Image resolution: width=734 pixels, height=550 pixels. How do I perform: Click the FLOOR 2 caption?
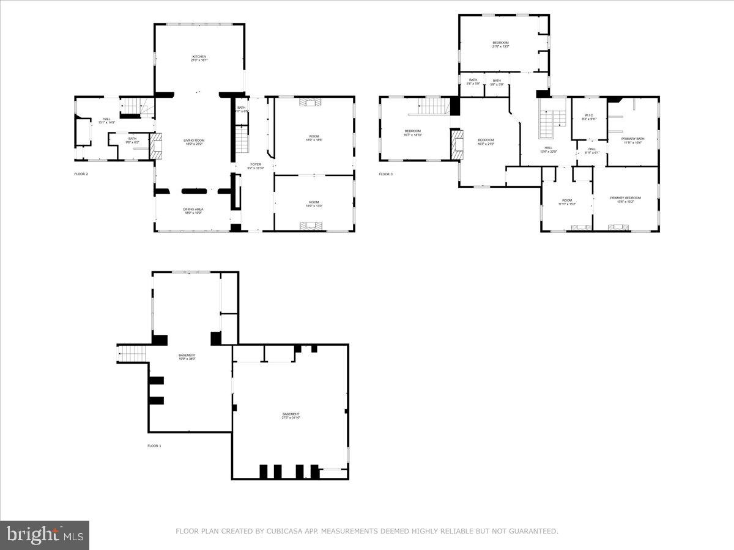click(82, 174)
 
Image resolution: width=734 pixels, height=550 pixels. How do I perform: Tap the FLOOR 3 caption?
click(385, 174)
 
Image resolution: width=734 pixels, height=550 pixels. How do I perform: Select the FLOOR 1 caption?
click(154, 446)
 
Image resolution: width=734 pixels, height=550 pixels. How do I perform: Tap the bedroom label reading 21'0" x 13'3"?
click(500, 44)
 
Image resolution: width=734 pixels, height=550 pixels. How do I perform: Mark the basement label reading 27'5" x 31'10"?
click(291, 416)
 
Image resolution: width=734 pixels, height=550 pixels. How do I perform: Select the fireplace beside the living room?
click(157, 147)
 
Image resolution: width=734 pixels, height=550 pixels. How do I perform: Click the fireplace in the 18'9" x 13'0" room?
click(314, 227)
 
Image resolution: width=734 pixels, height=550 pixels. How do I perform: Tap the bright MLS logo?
click(45, 535)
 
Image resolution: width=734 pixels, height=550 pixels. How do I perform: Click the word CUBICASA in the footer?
click(283, 532)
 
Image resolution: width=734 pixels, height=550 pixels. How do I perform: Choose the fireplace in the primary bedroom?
click(618, 227)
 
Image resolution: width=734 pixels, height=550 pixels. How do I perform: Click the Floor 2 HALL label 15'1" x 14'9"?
click(106, 121)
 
